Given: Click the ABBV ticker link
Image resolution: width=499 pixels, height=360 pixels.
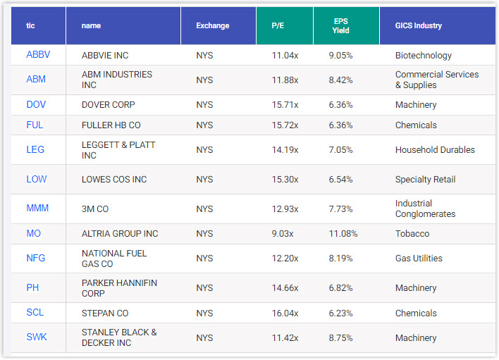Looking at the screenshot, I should coord(38,55).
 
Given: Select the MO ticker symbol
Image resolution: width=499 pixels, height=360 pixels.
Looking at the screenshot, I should coord(34,233).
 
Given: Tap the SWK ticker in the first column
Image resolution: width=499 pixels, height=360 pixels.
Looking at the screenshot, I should coord(37,337).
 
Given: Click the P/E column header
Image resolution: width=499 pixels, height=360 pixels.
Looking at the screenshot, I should coord(278,25).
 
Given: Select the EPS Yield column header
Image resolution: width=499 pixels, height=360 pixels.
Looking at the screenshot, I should coord(340,25).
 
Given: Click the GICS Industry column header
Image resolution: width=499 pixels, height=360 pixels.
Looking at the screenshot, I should coord(419,25).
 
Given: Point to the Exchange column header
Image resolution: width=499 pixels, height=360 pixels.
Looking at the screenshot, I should coord(213,25).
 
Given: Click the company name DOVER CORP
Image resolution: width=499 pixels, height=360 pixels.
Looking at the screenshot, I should coord(109,105).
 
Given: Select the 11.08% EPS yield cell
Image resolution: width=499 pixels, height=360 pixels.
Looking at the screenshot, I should coord(343,233).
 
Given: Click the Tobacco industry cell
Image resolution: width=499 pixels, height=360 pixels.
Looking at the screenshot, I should coord(412,233).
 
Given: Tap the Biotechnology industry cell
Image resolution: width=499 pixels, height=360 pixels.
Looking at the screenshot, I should coord(424,55).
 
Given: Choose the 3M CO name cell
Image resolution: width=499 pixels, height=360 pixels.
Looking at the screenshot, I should coord(95,209).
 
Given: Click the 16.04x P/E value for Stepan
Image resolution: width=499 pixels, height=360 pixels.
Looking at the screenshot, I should coord(285,313).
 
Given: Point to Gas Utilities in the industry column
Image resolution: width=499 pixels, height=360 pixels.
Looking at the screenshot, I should coord(419,258).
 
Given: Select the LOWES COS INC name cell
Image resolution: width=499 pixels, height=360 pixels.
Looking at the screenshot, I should coord(114,179).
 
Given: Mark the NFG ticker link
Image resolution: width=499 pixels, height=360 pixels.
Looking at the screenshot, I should coord(36,258).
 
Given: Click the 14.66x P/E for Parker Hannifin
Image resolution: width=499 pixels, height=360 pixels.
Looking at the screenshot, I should coord(285,287).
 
